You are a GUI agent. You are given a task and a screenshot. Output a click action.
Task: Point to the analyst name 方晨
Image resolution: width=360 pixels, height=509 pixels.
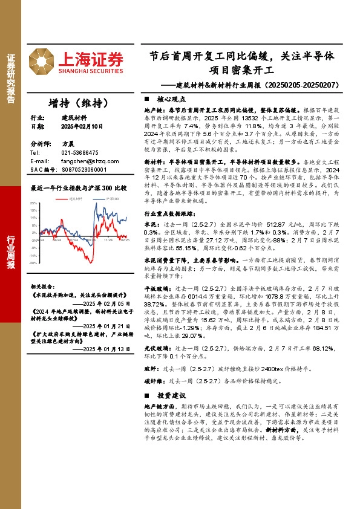67,144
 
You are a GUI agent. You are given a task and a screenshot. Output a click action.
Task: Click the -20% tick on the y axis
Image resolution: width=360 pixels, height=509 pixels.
34,263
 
